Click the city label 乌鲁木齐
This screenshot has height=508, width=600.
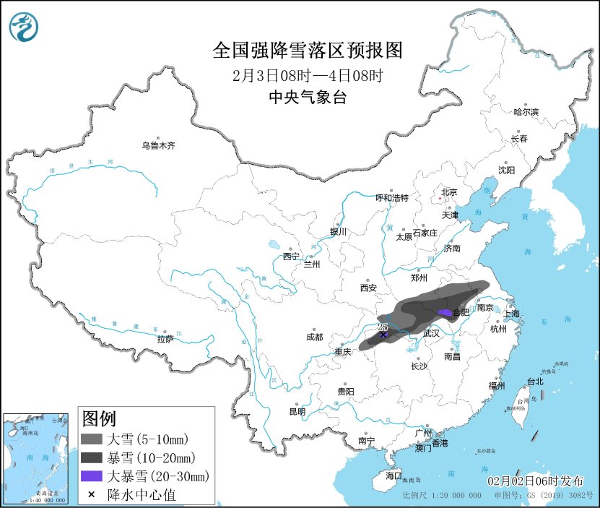coord(158,145)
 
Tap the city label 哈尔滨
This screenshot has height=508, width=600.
coord(526,112)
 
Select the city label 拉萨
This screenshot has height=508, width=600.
coord(165,339)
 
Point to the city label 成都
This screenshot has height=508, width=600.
coord(314,337)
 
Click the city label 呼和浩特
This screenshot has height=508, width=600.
coord(392,197)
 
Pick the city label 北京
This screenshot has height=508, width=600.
coord(449,192)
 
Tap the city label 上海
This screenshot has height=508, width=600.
coord(511,314)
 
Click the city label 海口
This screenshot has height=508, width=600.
coord(393,475)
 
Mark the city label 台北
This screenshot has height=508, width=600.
coord(534,381)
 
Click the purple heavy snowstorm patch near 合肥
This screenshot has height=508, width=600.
coord(445,312)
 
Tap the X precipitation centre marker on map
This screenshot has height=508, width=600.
coord(383,335)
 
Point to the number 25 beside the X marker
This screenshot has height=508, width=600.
coord(383,327)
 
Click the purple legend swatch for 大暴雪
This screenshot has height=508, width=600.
coord(92,475)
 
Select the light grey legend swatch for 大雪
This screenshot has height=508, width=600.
coord(92,439)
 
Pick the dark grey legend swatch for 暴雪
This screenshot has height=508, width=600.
coord(92,457)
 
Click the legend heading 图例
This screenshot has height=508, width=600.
coord(99,418)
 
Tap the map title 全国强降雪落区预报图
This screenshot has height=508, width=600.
coord(307,51)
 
